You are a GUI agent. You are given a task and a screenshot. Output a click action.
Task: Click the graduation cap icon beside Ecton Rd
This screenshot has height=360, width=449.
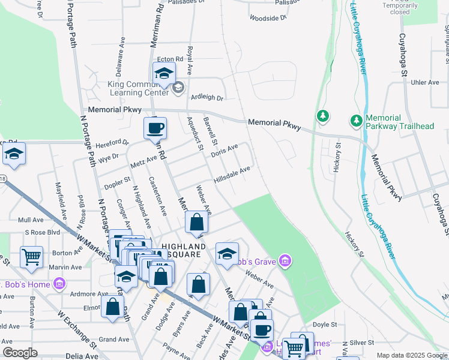[x=164, y=74]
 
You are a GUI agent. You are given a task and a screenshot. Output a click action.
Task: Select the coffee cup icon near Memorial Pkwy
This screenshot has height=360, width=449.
[x=155, y=128]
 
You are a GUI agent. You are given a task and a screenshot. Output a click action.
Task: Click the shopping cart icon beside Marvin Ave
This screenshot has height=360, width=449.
[x=31, y=257]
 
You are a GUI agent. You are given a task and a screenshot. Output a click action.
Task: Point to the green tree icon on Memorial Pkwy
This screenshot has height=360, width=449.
[x=323, y=115]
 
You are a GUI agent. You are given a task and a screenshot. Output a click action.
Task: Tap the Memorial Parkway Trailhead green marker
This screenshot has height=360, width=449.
[x=357, y=121]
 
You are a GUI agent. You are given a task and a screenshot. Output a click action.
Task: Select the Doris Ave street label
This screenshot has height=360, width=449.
[x=224, y=150]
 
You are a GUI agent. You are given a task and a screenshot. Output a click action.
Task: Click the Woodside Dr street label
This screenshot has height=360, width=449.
[x=268, y=18]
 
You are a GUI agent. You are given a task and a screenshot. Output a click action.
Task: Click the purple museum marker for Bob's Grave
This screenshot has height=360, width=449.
[x=286, y=261]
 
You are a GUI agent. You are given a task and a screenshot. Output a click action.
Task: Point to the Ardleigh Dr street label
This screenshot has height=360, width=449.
[x=206, y=98]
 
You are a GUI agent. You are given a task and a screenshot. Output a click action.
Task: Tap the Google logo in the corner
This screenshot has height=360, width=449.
[x=20, y=353]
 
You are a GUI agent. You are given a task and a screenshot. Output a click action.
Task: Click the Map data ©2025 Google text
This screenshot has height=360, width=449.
[x=412, y=355]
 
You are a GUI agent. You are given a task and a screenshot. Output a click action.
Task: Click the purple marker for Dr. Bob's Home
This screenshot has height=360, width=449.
[x=59, y=283]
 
